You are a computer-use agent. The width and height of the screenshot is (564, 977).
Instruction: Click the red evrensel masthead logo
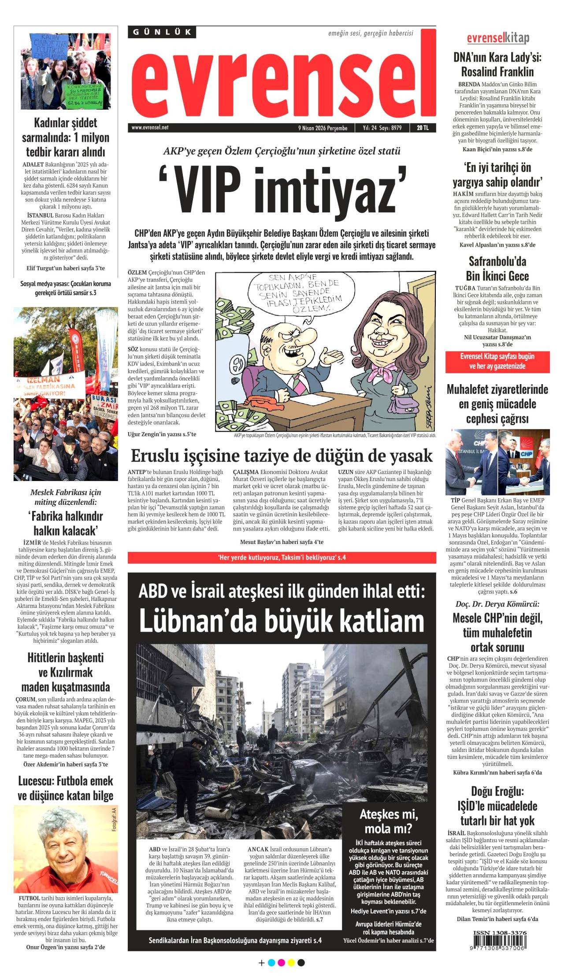point(282,79)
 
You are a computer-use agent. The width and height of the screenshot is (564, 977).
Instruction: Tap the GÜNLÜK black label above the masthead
point(162,32)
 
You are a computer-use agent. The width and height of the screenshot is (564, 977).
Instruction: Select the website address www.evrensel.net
point(150,128)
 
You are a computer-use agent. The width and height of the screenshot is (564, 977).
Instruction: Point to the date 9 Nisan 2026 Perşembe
point(323,128)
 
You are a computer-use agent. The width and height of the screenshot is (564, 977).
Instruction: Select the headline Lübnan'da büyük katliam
point(282,621)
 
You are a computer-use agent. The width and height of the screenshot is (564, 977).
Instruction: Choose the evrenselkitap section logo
point(498,38)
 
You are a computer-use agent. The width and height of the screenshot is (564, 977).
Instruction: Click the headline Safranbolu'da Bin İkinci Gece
point(497,269)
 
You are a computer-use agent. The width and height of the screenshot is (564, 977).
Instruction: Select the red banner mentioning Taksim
point(282,557)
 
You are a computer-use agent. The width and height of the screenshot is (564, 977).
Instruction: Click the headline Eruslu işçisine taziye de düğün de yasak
point(282,455)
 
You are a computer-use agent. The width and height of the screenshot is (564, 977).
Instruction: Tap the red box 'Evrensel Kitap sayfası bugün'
point(497,361)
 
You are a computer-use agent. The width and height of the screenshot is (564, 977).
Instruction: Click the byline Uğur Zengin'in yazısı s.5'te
point(162,434)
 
